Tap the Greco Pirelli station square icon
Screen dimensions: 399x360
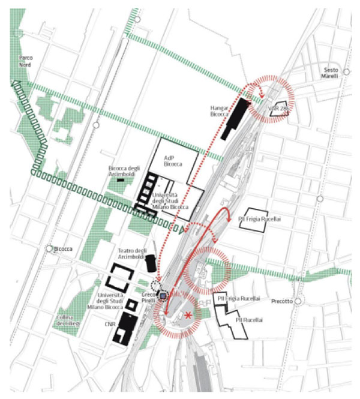(163, 296)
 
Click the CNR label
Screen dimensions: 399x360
(110, 323)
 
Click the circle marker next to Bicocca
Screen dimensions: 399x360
(49, 248)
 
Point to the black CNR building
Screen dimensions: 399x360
(127, 328)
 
